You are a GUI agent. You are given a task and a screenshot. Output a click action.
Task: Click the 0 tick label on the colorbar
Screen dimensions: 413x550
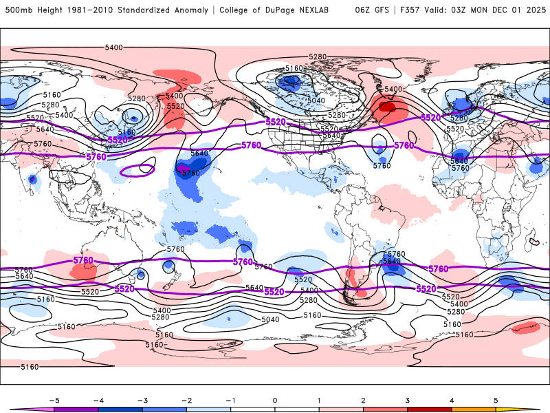point(275,399)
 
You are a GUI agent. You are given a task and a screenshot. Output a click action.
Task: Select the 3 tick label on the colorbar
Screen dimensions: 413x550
point(408,399)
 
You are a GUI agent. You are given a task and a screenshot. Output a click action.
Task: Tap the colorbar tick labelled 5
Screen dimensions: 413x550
point(496,399)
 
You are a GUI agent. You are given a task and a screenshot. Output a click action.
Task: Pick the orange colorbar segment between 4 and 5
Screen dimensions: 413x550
point(474,409)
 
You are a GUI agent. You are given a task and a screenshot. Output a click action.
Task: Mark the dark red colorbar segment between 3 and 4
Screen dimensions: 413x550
point(430,409)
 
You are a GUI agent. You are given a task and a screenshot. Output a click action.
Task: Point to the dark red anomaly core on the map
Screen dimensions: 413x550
point(387,107)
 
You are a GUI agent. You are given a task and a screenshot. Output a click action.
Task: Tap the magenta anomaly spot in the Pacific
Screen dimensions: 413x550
point(184,167)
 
